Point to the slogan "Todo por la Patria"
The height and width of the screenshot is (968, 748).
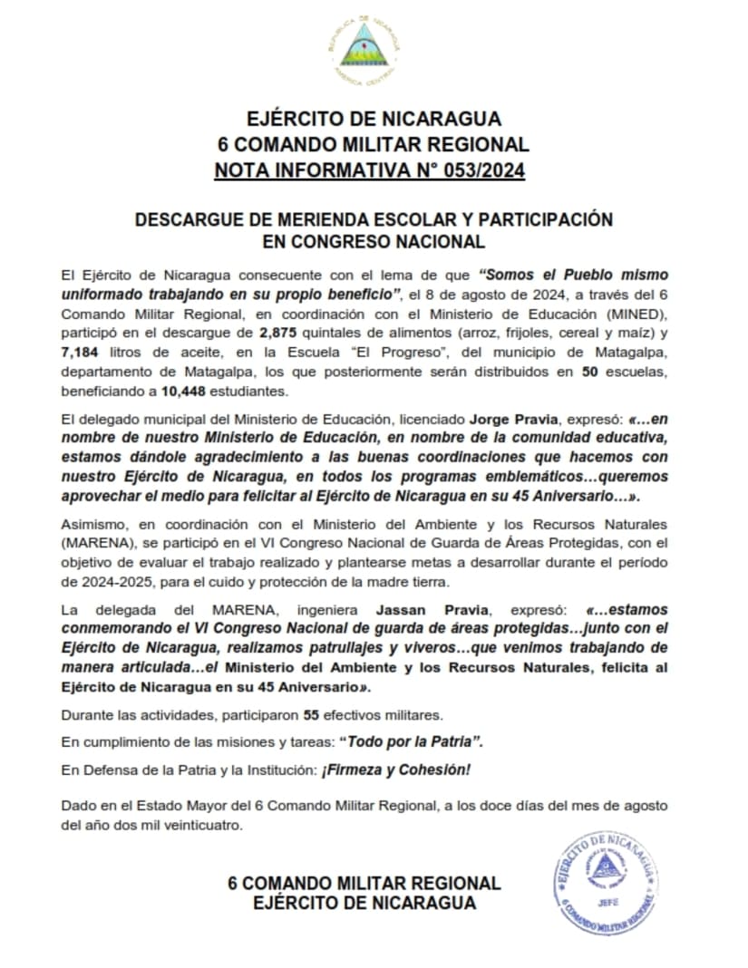pos(411,741)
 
